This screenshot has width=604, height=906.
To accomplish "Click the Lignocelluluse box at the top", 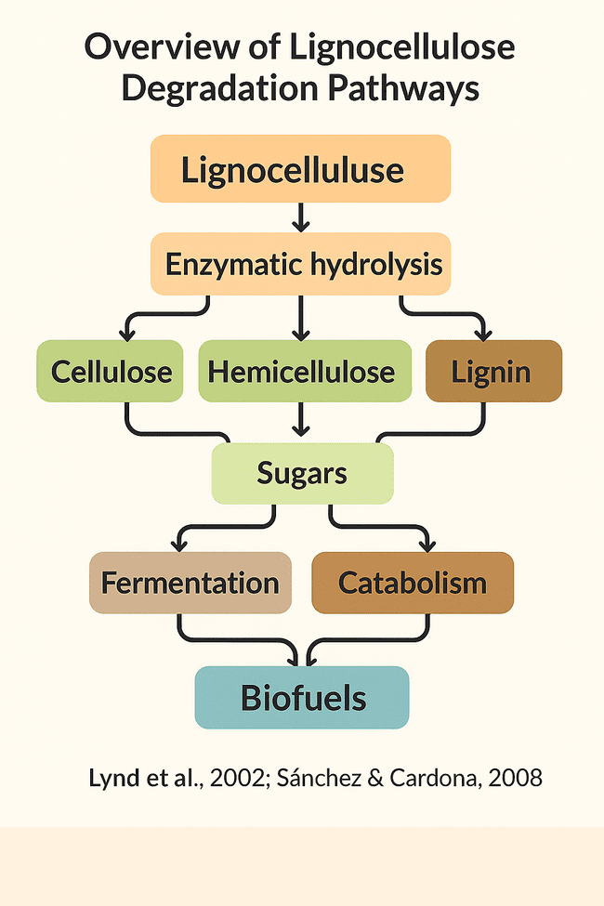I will tap(300, 169).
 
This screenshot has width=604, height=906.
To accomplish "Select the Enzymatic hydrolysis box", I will tap(300, 265).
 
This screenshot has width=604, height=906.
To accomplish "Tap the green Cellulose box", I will tap(111, 372).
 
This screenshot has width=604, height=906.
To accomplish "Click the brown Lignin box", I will tap(492, 372).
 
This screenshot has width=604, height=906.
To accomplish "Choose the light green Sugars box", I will tap(302, 473).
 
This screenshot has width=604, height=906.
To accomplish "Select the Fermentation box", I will tap(190, 584).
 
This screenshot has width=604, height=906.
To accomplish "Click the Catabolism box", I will tap(412, 584).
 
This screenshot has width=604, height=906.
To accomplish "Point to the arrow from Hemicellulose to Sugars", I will tap(299, 420).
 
